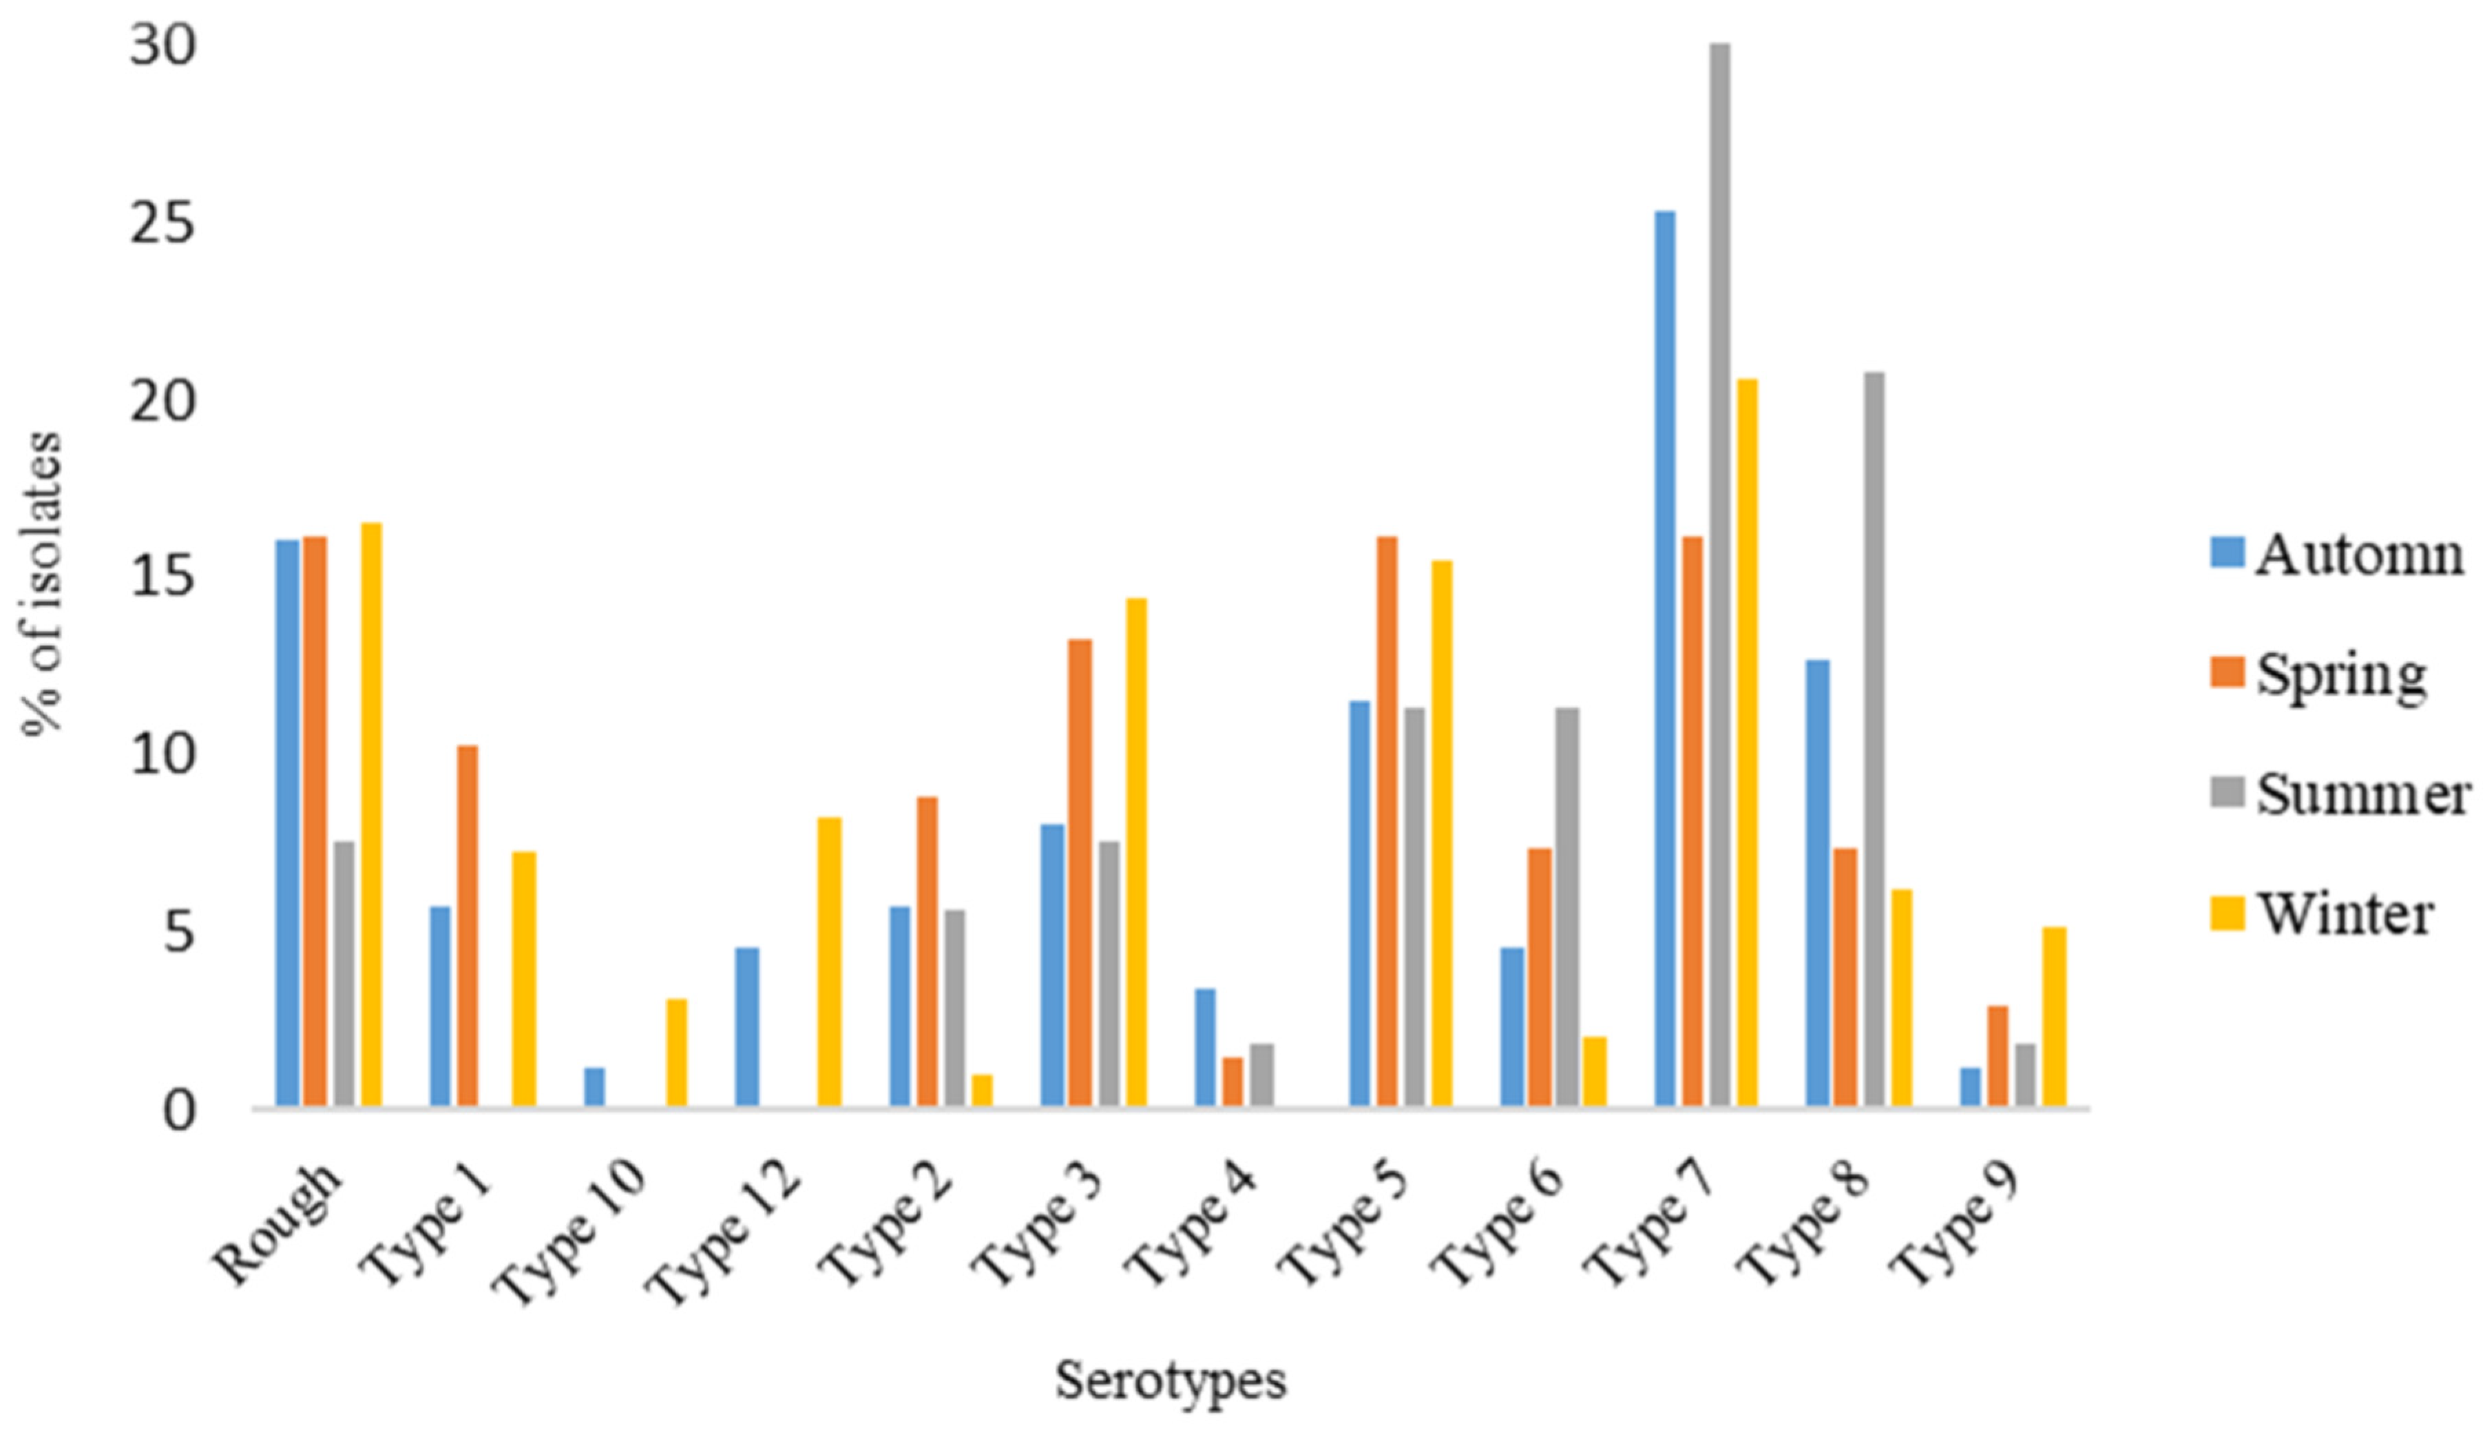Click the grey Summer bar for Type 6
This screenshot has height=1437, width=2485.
pos(1567,907)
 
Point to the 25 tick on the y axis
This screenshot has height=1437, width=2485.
pos(162,226)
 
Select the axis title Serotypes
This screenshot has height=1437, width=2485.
pos(1171,1380)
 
